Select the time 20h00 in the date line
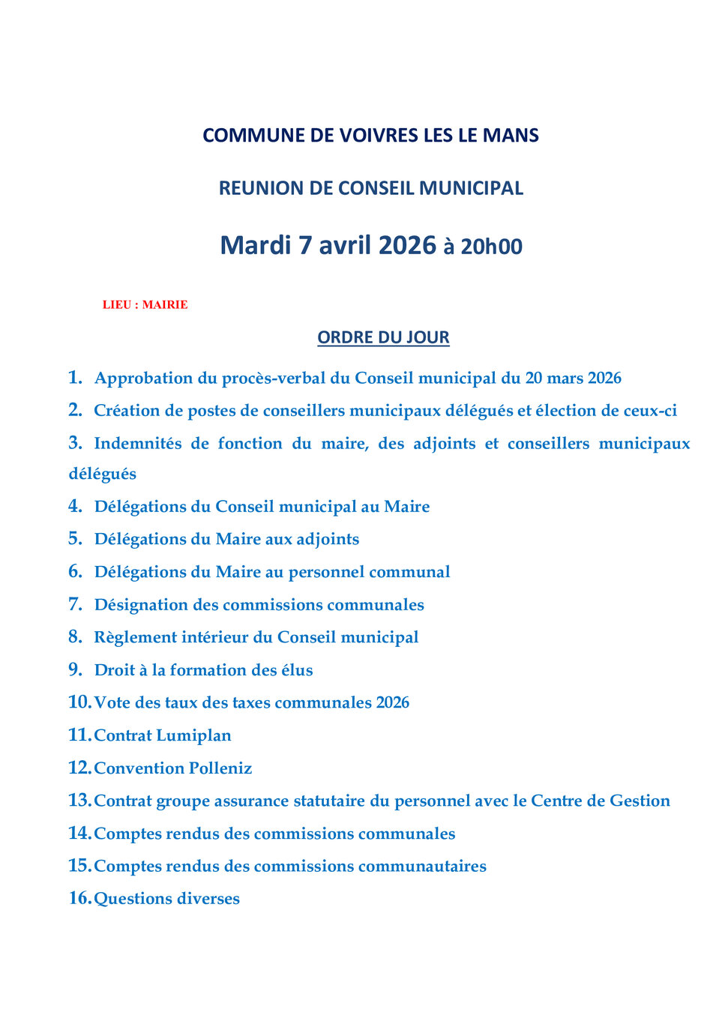pos(491,247)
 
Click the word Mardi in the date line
pos(255,246)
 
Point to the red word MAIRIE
pos(165,305)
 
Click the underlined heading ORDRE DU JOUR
pos(383,337)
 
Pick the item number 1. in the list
pos(75,377)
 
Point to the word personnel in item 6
pos(326,573)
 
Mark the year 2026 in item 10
pos(393,703)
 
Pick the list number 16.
pos(79,898)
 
